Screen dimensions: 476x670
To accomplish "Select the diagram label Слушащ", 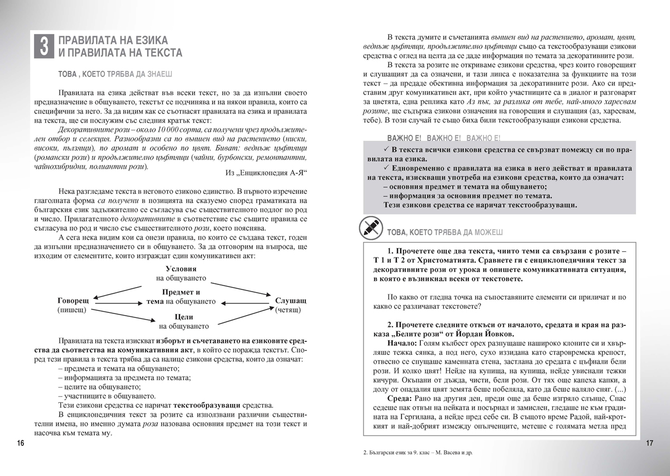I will click(x=290, y=300).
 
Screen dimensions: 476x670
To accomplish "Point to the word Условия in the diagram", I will click(x=181, y=269).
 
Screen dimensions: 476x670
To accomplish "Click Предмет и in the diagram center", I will click(x=181, y=292).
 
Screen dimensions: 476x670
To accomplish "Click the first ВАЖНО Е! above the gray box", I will click(x=404, y=137).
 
